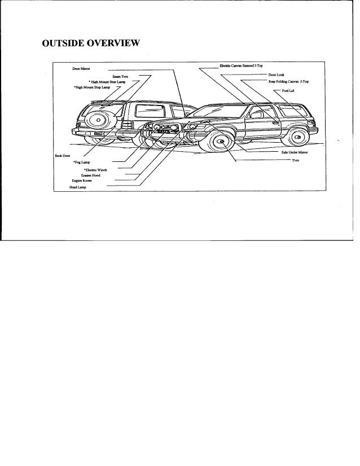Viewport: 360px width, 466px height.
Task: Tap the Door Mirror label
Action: [82, 69]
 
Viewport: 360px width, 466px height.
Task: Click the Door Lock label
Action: [276, 74]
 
